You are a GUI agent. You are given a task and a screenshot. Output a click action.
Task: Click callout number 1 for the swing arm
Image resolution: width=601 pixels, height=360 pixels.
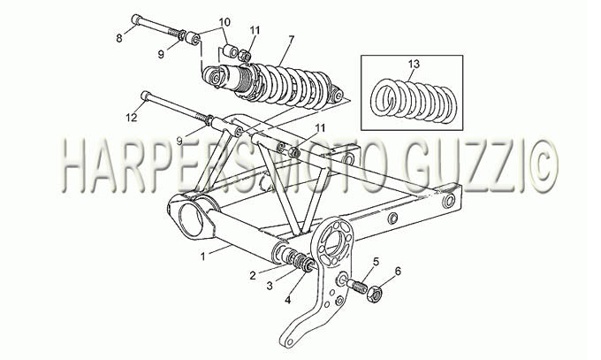203,256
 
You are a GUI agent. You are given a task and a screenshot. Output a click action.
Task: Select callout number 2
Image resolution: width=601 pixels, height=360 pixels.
252,275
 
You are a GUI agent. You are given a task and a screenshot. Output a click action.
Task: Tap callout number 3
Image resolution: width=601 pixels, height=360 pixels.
270,286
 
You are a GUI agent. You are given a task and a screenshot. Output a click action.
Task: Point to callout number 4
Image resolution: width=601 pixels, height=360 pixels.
288,300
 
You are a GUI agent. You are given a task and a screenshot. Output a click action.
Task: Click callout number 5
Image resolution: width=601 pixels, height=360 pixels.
376,262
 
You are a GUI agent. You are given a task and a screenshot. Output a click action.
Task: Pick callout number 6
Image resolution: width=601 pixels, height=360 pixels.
398,272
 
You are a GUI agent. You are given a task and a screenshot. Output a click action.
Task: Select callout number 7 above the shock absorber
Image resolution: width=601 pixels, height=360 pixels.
292,39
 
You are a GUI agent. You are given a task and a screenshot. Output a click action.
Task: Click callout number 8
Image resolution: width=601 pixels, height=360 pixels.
119,38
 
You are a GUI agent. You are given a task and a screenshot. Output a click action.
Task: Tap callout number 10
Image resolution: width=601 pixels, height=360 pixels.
225,22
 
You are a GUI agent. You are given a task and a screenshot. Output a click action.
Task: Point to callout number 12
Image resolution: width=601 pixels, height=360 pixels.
131,118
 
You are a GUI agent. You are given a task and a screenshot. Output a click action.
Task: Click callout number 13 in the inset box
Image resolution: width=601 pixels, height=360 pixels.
414,64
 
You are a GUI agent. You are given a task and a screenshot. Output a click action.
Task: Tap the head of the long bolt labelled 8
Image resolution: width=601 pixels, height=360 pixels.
137,19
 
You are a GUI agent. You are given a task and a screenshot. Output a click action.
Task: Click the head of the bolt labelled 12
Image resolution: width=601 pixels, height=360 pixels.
146,96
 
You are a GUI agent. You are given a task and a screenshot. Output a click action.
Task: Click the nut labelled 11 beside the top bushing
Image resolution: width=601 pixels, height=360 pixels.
245,56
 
